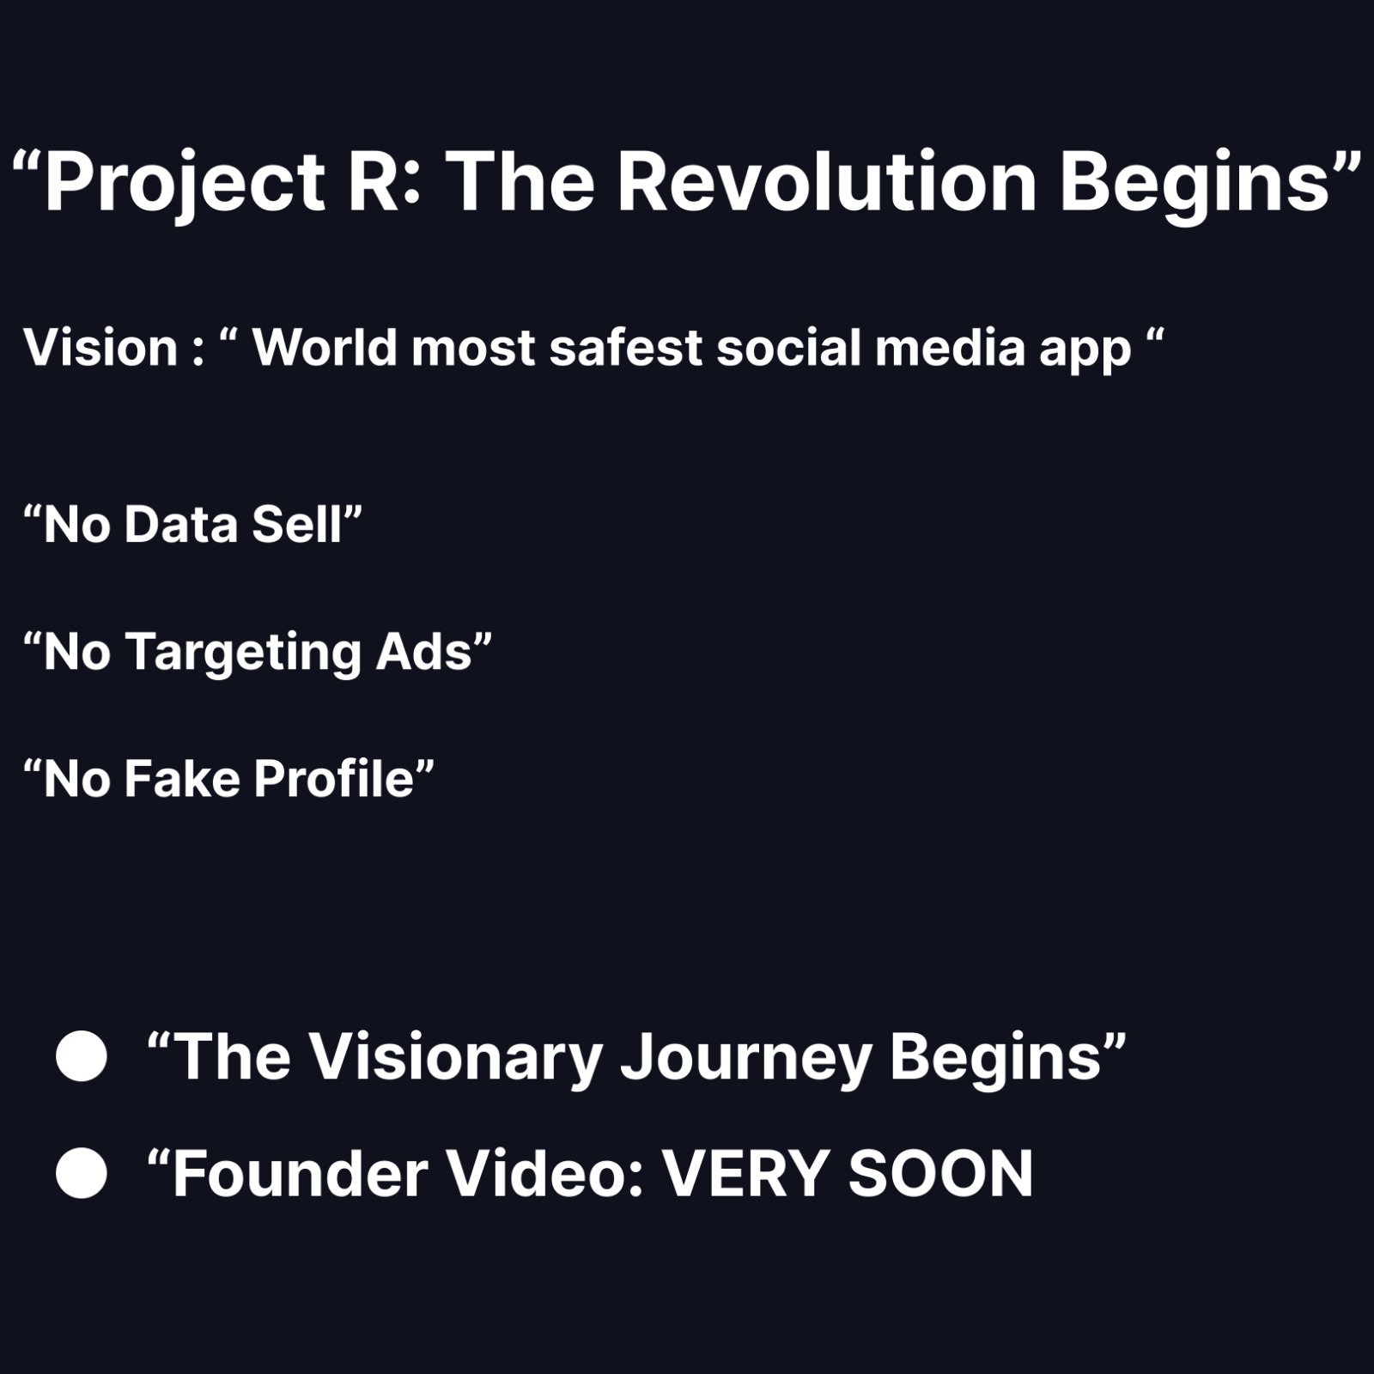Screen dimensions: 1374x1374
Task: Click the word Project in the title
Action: point(185,183)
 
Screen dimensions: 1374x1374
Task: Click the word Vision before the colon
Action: point(100,348)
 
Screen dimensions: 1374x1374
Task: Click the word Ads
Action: point(424,652)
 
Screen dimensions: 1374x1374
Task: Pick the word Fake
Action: point(182,779)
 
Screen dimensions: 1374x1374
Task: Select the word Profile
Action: point(334,779)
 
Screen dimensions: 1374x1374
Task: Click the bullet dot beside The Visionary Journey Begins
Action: point(82,1055)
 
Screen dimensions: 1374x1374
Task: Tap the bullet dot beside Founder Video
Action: point(82,1173)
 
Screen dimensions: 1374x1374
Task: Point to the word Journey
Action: point(746,1060)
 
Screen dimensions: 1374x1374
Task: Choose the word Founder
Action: point(301,1173)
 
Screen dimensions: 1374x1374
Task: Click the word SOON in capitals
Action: point(941,1173)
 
